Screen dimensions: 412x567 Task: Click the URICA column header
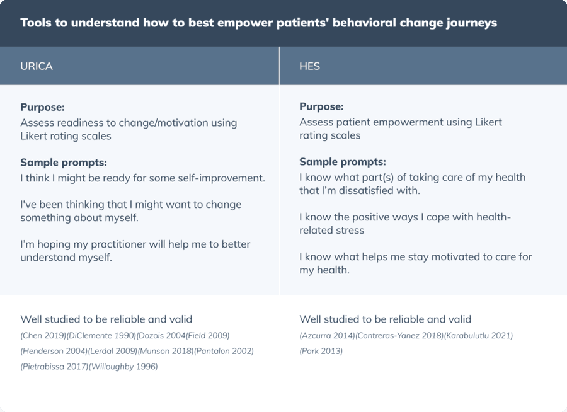(37, 66)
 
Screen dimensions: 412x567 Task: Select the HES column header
(309, 66)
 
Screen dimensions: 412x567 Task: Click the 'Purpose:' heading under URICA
(42, 107)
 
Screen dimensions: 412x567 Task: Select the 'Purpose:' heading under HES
(321, 107)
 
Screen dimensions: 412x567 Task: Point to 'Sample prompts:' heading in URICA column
(63, 163)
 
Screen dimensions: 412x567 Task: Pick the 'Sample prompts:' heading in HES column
(342, 162)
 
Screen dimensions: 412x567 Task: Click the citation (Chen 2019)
(43, 336)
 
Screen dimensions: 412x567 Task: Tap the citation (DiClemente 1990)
(101, 336)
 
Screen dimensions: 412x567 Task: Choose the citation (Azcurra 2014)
(327, 336)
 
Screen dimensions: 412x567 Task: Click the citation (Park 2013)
(321, 351)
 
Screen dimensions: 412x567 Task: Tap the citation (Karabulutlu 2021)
(478, 336)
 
